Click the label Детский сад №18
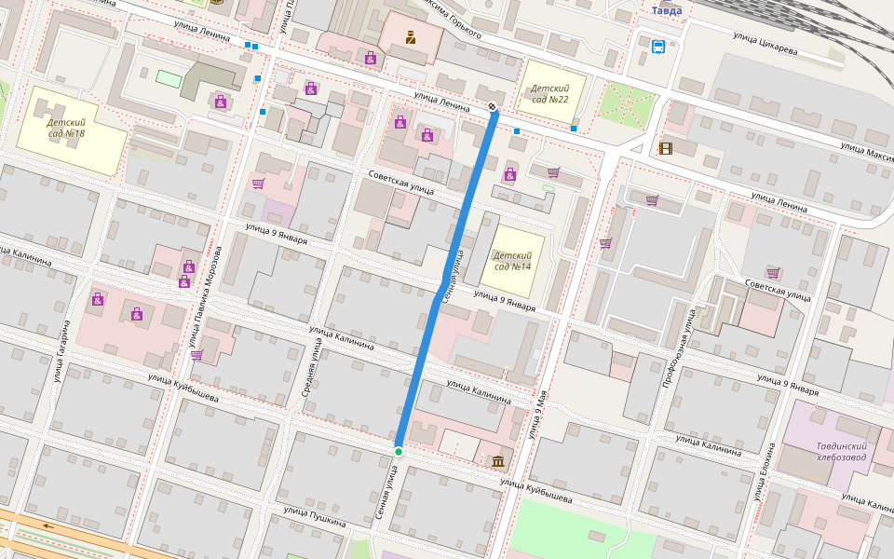coord(66,128)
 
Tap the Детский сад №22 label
coord(550,93)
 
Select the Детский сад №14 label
coord(512,261)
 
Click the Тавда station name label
coord(666,10)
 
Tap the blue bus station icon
coord(658,46)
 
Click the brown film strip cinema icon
coord(665,148)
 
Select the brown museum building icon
coord(498,461)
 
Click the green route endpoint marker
coord(399,452)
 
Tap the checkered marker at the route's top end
coord(493,105)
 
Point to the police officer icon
coord(410,37)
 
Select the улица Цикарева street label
coord(765,44)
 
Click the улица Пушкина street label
coord(315,517)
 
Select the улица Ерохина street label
coord(765,480)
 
